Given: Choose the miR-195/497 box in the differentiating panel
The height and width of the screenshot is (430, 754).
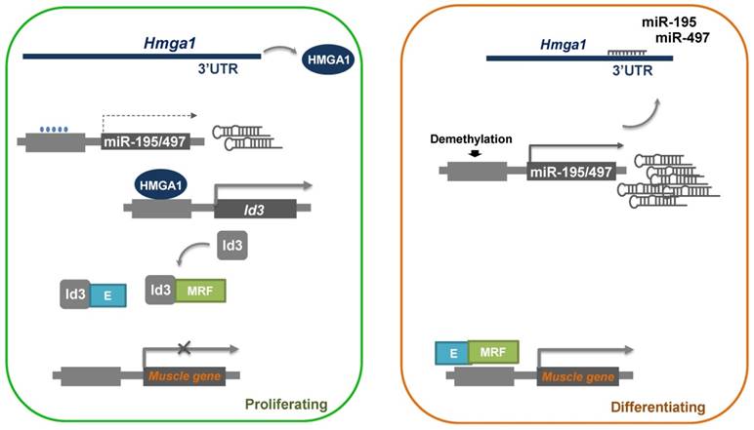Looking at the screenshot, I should point(570,173).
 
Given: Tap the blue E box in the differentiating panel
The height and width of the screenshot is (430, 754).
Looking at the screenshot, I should point(450,353).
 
